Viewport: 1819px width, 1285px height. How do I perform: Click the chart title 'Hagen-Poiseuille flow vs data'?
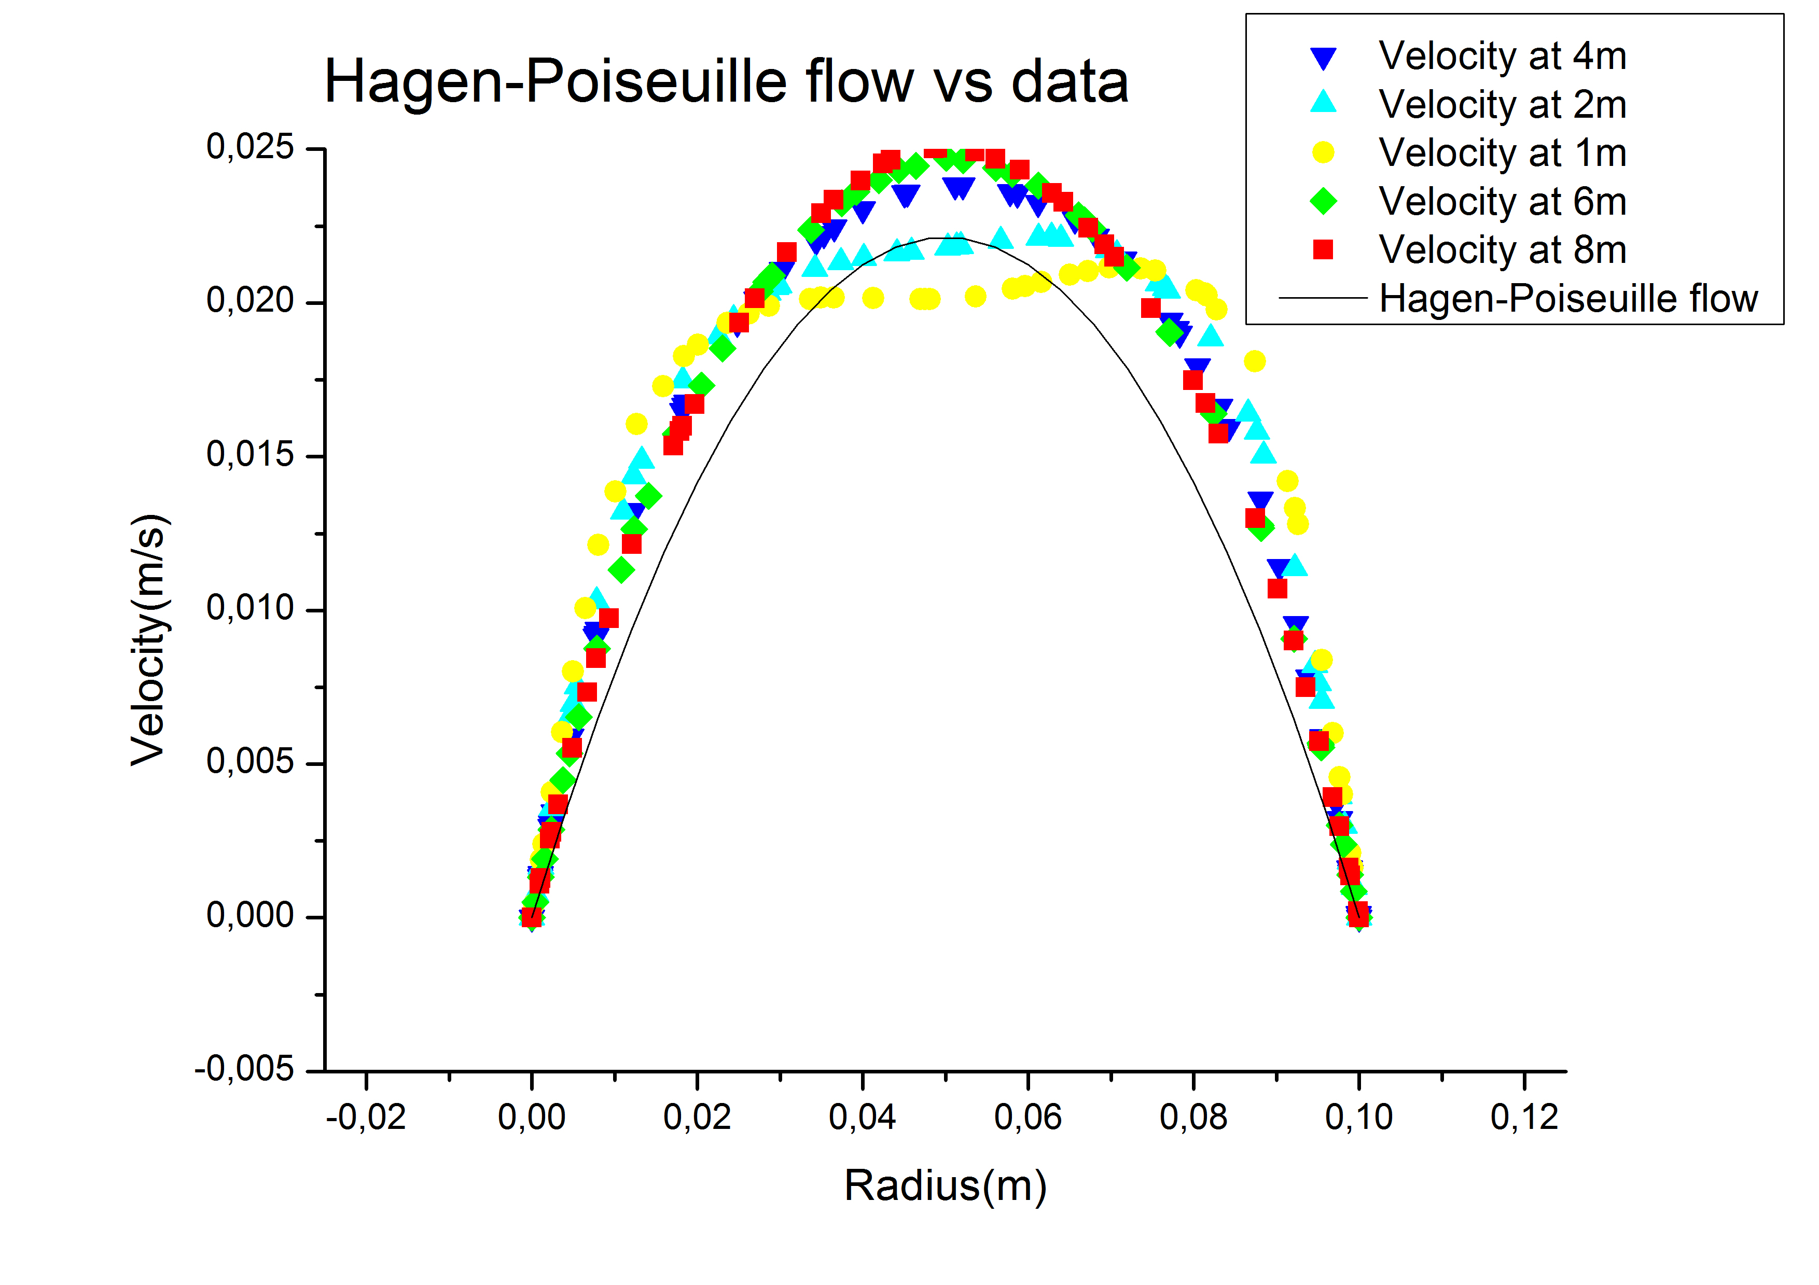pyautogui.click(x=726, y=82)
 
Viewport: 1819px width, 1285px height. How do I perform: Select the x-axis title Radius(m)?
pyautogui.click(x=945, y=1186)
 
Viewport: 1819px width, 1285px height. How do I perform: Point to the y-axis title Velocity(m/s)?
pyautogui.click(x=149, y=640)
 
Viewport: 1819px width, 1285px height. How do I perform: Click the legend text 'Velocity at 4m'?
pyautogui.click(x=1502, y=56)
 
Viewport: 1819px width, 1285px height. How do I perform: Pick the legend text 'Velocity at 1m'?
pyautogui.click(x=1502, y=153)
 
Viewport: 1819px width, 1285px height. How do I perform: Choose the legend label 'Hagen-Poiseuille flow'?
pyautogui.click(x=1568, y=299)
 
